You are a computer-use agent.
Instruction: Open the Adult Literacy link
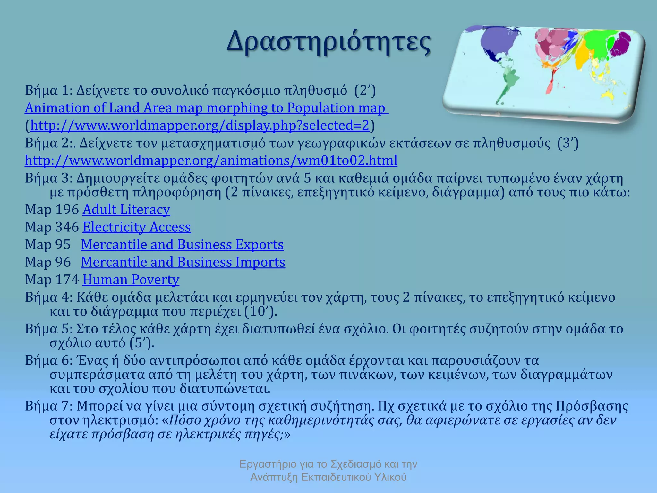[x=126, y=210]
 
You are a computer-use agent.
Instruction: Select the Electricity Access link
[x=137, y=227]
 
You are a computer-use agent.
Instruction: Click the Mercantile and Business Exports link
[x=182, y=245]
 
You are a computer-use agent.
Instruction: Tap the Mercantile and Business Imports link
[x=183, y=262]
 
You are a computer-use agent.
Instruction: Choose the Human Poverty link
[x=131, y=280]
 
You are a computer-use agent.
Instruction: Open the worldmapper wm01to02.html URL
[x=211, y=160]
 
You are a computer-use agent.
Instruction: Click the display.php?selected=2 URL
[x=200, y=125]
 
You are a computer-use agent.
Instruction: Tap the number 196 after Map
[x=67, y=210]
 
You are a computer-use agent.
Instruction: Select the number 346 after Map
[x=67, y=227]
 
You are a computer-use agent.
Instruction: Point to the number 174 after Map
[x=67, y=280]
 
